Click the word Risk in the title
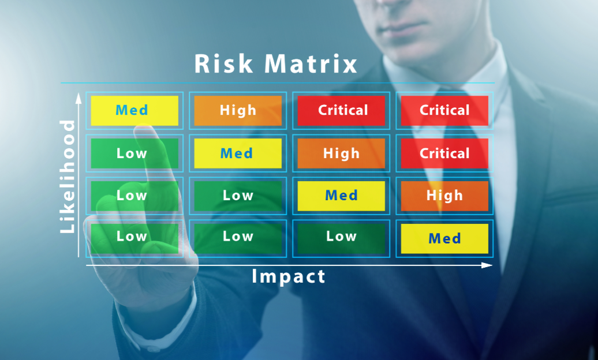pyautogui.click(x=223, y=63)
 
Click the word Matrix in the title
pyautogui.click(x=311, y=63)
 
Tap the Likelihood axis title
pyautogui.click(x=68, y=177)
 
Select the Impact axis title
pyautogui.click(x=289, y=276)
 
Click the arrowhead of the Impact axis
pyautogui.click(x=487, y=265)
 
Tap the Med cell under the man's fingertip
pyautogui.click(x=134, y=111)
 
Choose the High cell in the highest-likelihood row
pyautogui.click(x=238, y=111)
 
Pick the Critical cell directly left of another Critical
pyautogui.click(x=341, y=111)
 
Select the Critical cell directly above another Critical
pyautogui.click(x=444, y=111)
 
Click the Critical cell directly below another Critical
pyautogui.click(x=444, y=153)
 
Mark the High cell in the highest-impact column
pyautogui.click(x=444, y=196)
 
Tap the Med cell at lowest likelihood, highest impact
pyautogui.click(x=444, y=239)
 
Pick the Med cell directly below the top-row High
pyautogui.click(x=238, y=153)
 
